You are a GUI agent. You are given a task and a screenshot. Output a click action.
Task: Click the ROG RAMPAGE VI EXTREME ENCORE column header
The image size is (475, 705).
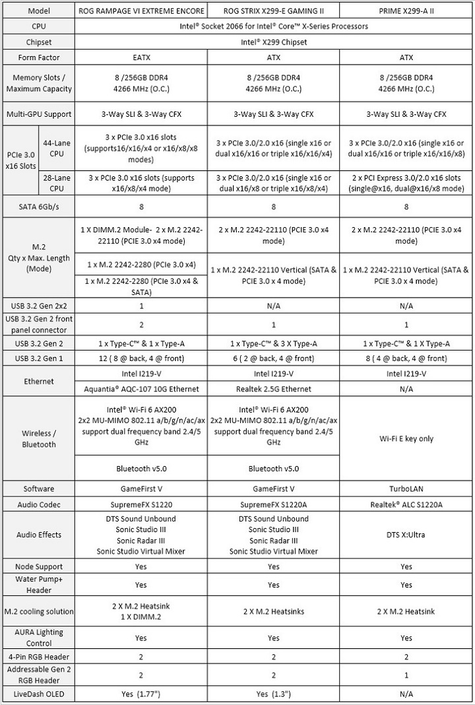[141, 11]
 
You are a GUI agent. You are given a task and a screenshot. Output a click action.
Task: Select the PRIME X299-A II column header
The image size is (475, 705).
[406, 11]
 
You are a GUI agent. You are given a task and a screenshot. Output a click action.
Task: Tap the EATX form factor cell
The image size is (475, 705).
[141, 57]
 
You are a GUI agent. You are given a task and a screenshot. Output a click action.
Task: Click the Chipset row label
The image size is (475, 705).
[38, 42]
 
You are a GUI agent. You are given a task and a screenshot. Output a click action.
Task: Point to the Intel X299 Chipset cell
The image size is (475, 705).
[273, 42]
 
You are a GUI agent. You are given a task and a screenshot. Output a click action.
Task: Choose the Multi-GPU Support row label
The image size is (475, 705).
[38, 114]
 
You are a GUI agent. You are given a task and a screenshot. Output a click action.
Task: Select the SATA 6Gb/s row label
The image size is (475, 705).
[38, 207]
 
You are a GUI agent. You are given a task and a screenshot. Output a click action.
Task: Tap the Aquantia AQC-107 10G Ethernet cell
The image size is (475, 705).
[141, 389]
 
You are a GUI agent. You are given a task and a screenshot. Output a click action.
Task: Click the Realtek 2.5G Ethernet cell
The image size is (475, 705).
[273, 389]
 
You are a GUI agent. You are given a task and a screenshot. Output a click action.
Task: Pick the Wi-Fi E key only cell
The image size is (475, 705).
[406, 438]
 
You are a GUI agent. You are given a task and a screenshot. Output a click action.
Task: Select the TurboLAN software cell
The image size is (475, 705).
[406, 488]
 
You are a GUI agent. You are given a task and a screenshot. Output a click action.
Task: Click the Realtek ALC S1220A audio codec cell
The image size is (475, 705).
[406, 504]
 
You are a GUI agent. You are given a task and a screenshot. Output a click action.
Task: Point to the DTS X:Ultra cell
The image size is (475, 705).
[406, 535]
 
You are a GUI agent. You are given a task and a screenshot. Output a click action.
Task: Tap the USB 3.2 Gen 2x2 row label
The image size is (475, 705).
[38, 306]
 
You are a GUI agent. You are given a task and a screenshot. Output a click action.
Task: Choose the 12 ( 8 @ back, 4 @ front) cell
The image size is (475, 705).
[141, 358]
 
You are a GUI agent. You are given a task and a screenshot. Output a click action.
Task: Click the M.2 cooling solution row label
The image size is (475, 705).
[38, 611]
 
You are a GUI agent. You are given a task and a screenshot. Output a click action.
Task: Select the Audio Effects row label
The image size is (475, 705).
[38, 535]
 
